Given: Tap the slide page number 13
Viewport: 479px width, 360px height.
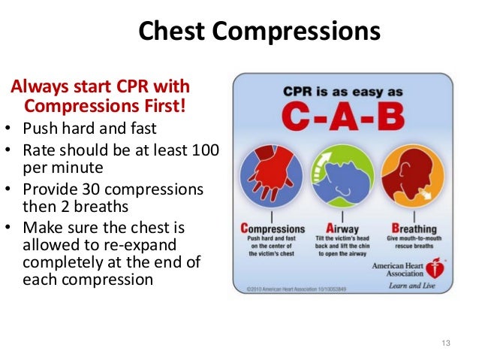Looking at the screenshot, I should click(x=446, y=344).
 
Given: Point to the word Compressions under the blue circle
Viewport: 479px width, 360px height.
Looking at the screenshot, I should click(x=273, y=228).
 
